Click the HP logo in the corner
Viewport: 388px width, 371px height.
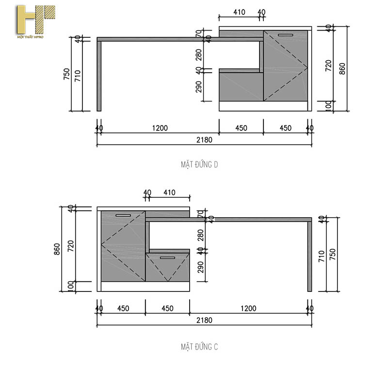[35, 22]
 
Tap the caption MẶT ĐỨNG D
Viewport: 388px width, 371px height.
[199, 165]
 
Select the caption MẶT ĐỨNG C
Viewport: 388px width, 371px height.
[199, 347]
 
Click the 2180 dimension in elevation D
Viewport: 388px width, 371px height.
[204, 140]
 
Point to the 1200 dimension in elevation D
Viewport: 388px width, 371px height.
[160, 128]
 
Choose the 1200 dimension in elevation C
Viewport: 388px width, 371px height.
[248, 308]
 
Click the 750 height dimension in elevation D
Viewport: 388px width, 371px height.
[67, 74]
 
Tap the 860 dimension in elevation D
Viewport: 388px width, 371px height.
[342, 68]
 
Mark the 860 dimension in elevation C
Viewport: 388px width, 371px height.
[57, 249]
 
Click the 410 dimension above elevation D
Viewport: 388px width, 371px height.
[239, 12]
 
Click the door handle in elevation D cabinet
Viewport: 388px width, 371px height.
[286, 35]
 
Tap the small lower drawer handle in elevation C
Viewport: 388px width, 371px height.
[167, 258]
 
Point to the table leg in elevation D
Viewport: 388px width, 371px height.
[99, 76]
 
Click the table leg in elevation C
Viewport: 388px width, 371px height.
[309, 256]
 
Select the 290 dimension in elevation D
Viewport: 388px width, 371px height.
[198, 86]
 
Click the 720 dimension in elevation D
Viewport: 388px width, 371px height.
[328, 66]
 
